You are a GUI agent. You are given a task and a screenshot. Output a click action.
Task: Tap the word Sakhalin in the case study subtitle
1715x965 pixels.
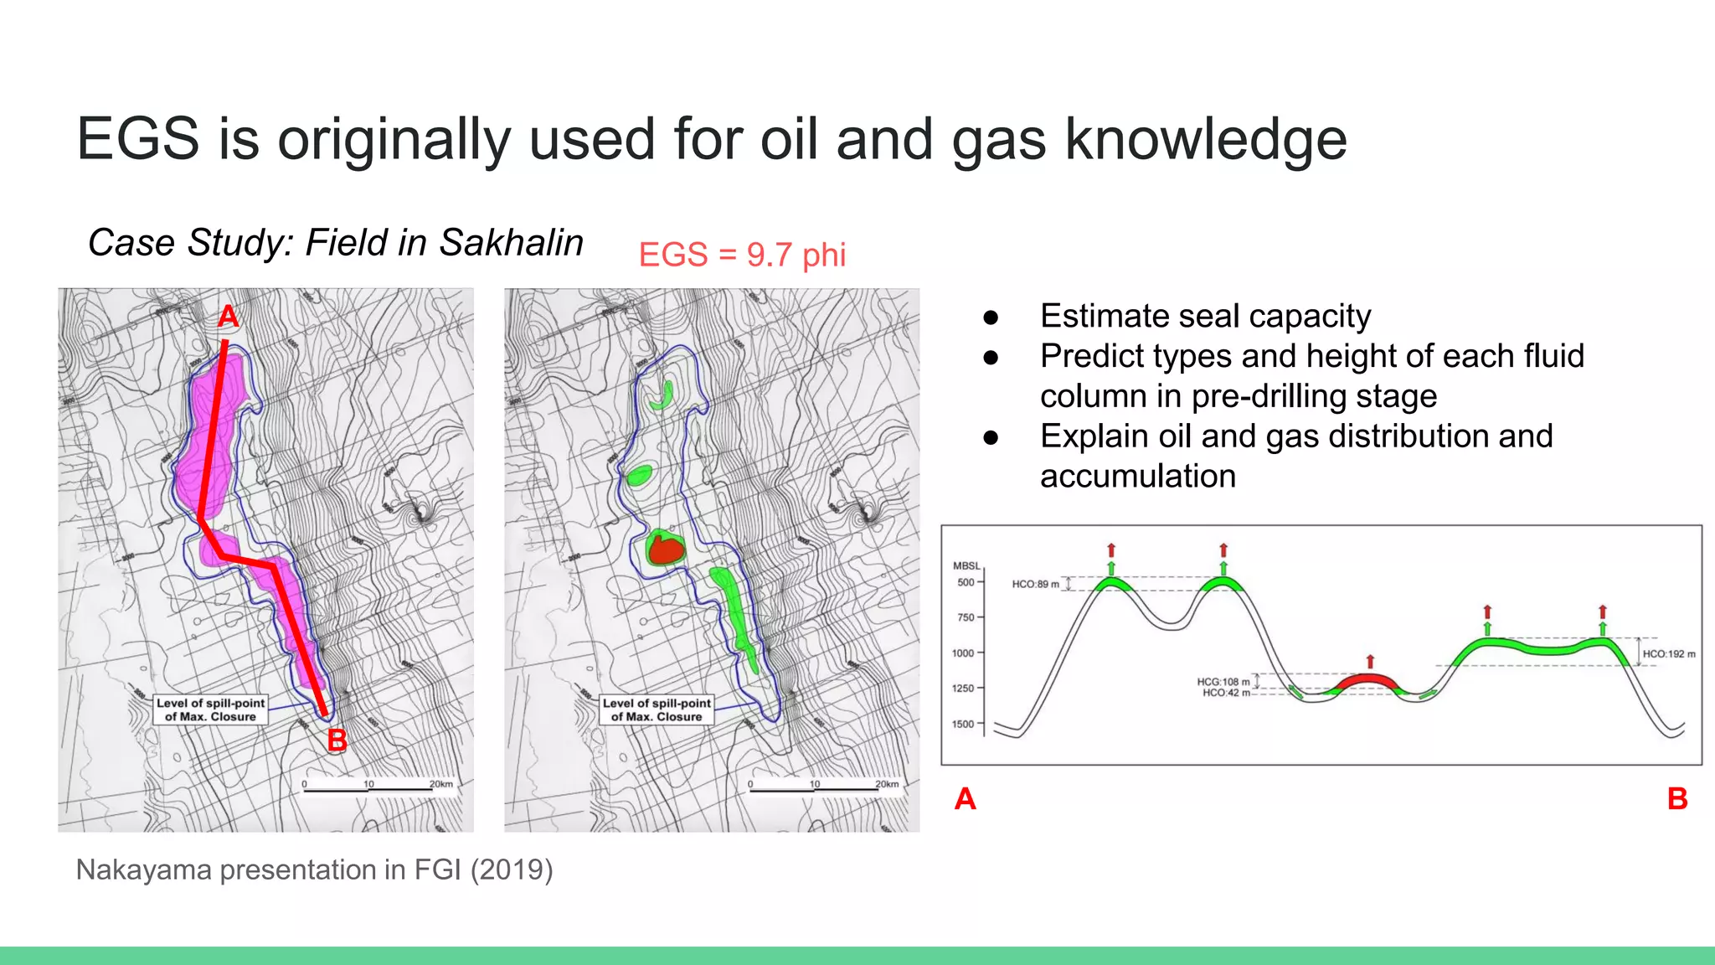click(511, 243)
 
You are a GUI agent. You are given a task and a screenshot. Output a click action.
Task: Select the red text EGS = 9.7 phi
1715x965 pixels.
click(742, 255)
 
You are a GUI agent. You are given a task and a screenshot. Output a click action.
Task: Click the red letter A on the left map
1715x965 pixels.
click(228, 317)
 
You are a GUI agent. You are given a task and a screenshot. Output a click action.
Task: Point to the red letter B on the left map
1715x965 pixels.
click(337, 741)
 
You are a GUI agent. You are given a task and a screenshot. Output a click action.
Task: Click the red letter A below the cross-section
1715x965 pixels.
click(965, 799)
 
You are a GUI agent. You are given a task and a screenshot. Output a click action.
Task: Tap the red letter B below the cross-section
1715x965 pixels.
click(1677, 799)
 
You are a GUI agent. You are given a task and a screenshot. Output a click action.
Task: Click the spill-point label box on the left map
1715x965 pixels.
click(210, 710)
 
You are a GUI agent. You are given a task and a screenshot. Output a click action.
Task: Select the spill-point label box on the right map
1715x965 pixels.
click(657, 710)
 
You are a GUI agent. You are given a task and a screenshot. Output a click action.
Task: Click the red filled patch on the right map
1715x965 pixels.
click(667, 550)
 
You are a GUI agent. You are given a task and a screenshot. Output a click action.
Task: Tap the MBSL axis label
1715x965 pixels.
click(966, 566)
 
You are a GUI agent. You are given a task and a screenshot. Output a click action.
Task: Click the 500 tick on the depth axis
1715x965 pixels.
click(966, 582)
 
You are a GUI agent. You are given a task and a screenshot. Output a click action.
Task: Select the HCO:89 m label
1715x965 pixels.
click(1035, 584)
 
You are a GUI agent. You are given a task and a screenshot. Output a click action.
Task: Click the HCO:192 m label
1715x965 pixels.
click(1668, 654)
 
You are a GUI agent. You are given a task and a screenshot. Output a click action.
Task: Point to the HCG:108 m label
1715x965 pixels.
click(1223, 682)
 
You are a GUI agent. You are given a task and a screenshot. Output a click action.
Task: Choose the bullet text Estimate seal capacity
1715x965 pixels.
click(1205, 317)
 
